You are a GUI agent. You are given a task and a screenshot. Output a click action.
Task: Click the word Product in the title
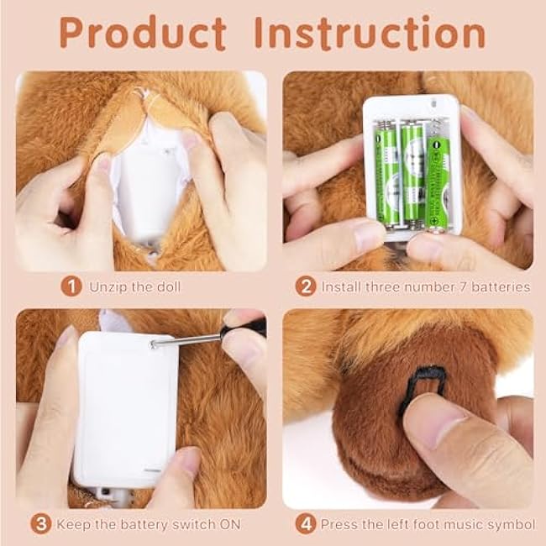pyautogui.click(x=143, y=33)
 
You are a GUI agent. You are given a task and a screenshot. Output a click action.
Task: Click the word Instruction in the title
pyautogui.click(x=370, y=33)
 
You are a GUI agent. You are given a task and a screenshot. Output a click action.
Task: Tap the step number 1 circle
pyautogui.click(x=71, y=286)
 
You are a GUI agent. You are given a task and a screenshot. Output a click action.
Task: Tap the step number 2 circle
pyautogui.click(x=306, y=286)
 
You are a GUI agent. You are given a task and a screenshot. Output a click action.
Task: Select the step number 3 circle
pyautogui.click(x=41, y=524)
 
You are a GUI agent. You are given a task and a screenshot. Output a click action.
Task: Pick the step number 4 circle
pyautogui.click(x=306, y=524)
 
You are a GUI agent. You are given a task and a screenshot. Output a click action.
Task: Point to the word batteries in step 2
pyautogui.click(x=501, y=287)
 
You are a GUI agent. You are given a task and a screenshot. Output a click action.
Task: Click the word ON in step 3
pyautogui.click(x=230, y=524)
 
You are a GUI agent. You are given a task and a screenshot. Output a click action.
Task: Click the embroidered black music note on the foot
pyautogui.click(x=422, y=389)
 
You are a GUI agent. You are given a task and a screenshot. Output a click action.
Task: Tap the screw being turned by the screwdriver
pyautogui.click(x=153, y=344)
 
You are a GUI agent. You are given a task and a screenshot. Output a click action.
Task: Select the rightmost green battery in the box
pyautogui.click(x=438, y=182)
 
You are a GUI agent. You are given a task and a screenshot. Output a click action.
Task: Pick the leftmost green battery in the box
pyautogui.click(x=387, y=174)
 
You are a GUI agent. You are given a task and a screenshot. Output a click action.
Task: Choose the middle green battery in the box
pyautogui.click(x=413, y=174)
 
